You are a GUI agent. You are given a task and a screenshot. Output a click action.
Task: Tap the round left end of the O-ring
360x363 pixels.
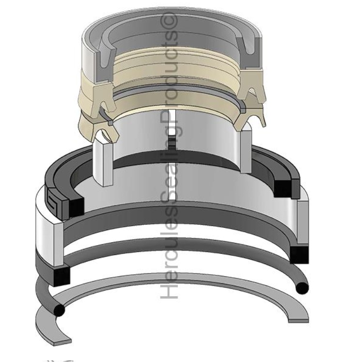click(60, 309)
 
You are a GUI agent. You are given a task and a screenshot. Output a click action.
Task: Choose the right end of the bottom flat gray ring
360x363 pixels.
click(297, 317)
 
